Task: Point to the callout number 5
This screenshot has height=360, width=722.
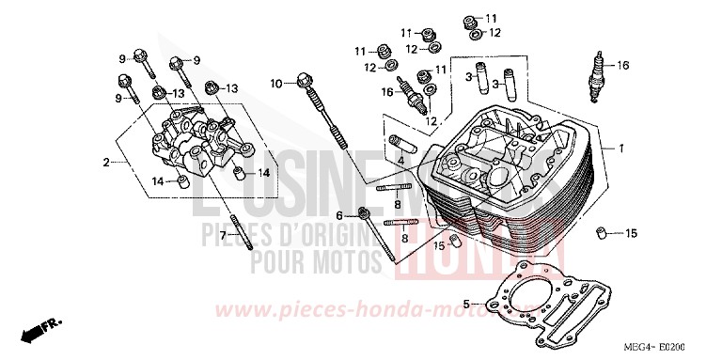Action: click(466, 305)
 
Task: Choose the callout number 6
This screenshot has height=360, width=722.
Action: click(352, 215)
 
